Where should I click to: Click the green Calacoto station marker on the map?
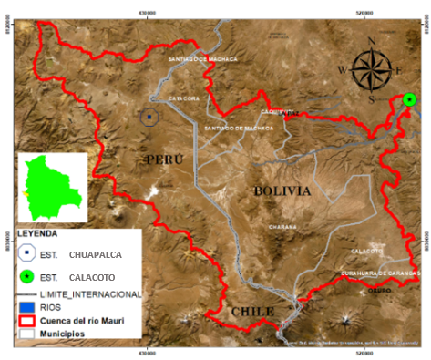coord(409,99)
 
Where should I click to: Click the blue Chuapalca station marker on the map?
coord(149,116)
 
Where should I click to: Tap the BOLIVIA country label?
coord(282,191)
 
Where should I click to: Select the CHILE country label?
coord(251,312)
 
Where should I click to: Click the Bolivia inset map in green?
coord(52,187)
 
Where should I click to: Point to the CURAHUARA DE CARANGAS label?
coord(380,273)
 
